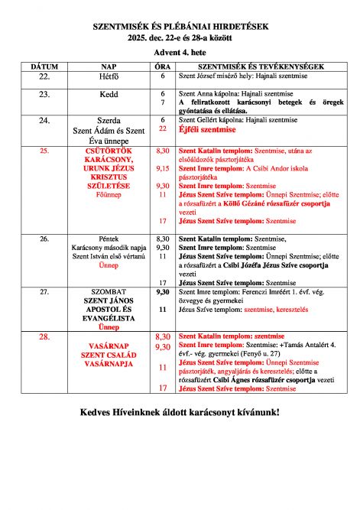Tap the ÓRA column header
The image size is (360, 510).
pos(163,67)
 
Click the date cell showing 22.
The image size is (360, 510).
pos(44,77)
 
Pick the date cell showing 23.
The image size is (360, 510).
pos(44,94)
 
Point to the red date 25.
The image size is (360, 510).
pos(44,151)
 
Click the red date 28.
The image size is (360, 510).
pos(44,336)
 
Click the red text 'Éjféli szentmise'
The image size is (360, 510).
pos(209,130)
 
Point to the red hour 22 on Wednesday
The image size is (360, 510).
pos(162,129)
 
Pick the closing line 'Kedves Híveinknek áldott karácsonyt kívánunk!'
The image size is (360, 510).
pos(180,414)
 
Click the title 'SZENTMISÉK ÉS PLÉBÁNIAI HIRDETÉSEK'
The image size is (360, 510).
pos(180,26)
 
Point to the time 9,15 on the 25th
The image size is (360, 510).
pos(162,168)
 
